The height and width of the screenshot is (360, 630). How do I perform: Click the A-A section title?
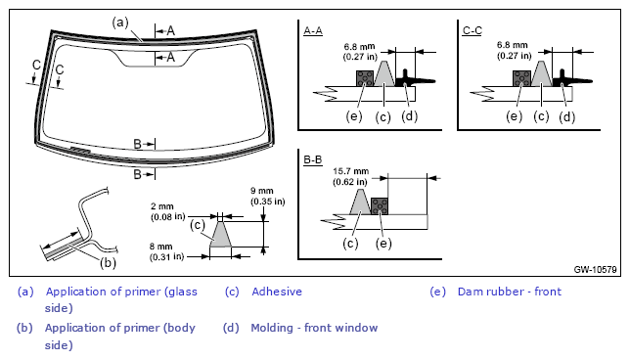coord(313,31)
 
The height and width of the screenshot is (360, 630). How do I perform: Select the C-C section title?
coord(472,31)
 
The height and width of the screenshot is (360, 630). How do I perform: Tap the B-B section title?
coord(313,159)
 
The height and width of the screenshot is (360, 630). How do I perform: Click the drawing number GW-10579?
coord(595,269)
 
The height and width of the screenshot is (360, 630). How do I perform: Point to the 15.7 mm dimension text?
coord(350,176)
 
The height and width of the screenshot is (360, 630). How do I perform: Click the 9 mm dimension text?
coord(268,196)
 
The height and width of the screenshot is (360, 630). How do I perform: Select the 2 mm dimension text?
coord(167,211)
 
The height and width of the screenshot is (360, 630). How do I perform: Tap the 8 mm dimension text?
coord(166,251)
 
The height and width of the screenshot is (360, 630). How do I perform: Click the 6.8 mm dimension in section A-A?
coord(360,52)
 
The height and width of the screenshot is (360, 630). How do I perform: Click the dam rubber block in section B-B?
coord(380,206)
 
